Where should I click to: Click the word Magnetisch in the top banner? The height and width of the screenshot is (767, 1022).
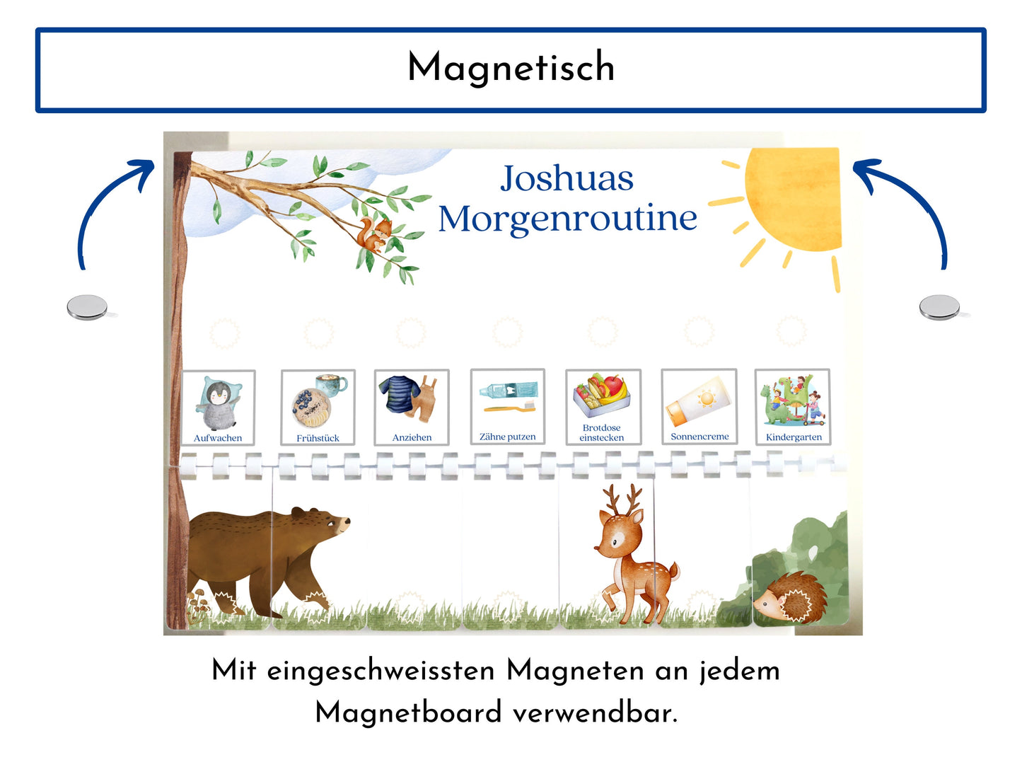(x=511, y=68)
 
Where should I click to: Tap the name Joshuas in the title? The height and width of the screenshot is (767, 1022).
(x=567, y=178)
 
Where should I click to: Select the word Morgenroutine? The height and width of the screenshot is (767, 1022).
(x=567, y=219)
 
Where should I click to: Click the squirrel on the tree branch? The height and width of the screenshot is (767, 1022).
(x=374, y=235)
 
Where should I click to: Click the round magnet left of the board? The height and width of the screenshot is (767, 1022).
(x=87, y=307)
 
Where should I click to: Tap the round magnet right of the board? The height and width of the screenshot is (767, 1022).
(x=939, y=307)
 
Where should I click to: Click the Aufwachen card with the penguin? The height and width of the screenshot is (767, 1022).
(x=218, y=408)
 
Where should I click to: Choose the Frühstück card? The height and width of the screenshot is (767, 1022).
(x=318, y=408)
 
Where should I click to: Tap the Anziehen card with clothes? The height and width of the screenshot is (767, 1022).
(x=412, y=408)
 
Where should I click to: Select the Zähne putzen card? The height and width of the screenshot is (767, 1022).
(x=508, y=407)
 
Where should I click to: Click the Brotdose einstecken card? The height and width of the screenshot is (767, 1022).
(x=603, y=407)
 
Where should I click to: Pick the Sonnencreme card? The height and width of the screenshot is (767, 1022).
(x=699, y=407)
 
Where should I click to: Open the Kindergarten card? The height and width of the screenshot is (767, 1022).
(x=793, y=407)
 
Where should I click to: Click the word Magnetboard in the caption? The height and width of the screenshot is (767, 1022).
(x=408, y=713)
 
